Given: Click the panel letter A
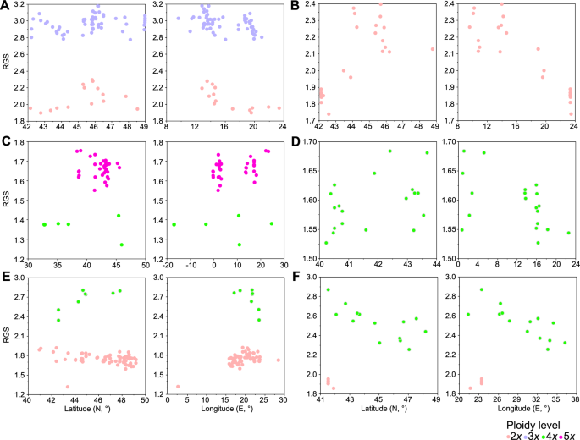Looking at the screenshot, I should coord(5,6).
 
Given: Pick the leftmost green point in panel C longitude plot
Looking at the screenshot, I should coord(174,224).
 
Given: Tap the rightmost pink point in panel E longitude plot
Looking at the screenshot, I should coord(278,360).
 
